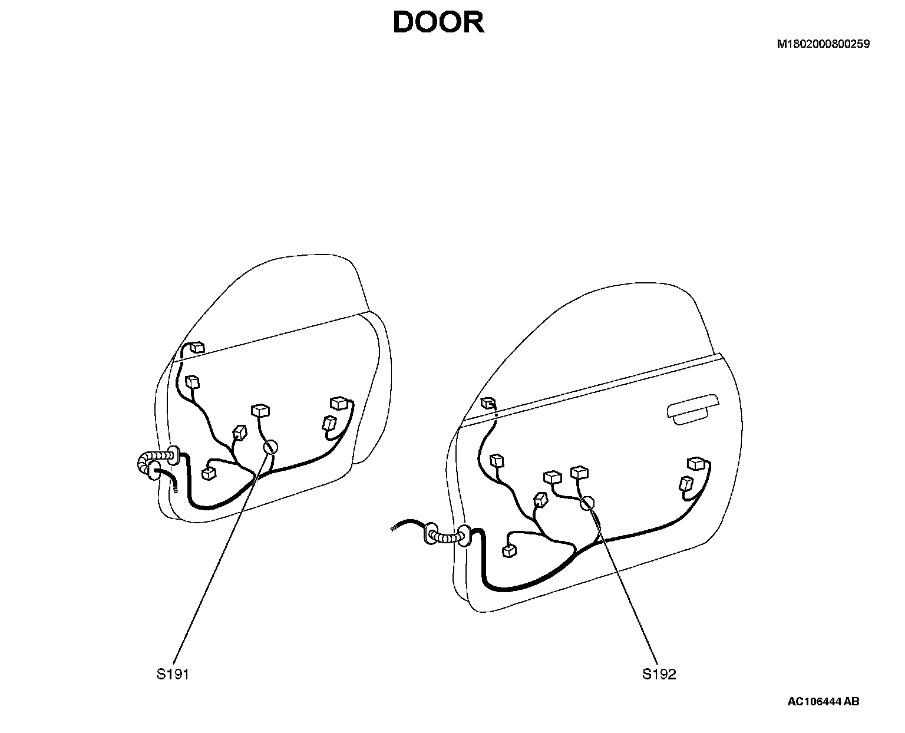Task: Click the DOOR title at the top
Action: pyautogui.click(x=438, y=23)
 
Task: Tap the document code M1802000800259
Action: pyautogui.click(x=823, y=44)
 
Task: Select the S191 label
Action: pyautogui.click(x=173, y=674)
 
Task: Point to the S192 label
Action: pyautogui.click(x=659, y=674)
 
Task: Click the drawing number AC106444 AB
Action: pyautogui.click(x=823, y=701)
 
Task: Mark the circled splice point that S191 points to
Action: pyautogui.click(x=270, y=447)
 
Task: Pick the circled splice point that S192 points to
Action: pyautogui.click(x=587, y=503)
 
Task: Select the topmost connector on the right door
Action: pyautogui.click(x=488, y=403)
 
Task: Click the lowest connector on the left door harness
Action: pyautogui.click(x=209, y=473)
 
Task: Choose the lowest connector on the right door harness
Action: pyautogui.click(x=508, y=551)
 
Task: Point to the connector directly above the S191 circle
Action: pyautogui.click(x=260, y=410)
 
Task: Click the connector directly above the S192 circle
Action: pyautogui.click(x=580, y=472)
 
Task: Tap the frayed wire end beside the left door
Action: pyautogui.click(x=175, y=486)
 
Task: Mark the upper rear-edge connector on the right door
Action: pyautogui.click(x=697, y=463)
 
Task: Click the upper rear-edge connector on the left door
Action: pyautogui.click(x=339, y=403)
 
